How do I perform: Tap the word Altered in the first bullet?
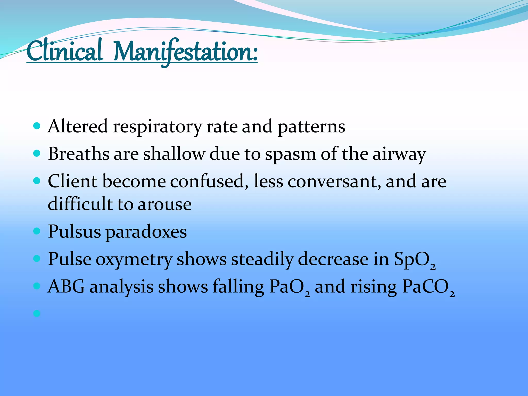(x=78, y=126)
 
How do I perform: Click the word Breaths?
(x=79, y=154)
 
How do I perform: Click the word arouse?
(x=164, y=204)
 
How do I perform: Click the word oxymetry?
(x=134, y=260)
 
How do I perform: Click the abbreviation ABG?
(x=66, y=287)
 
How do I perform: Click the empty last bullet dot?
(x=37, y=313)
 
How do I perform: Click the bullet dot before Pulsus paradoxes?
(x=37, y=231)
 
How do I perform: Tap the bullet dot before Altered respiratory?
(x=37, y=126)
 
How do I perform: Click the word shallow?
(x=174, y=154)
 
